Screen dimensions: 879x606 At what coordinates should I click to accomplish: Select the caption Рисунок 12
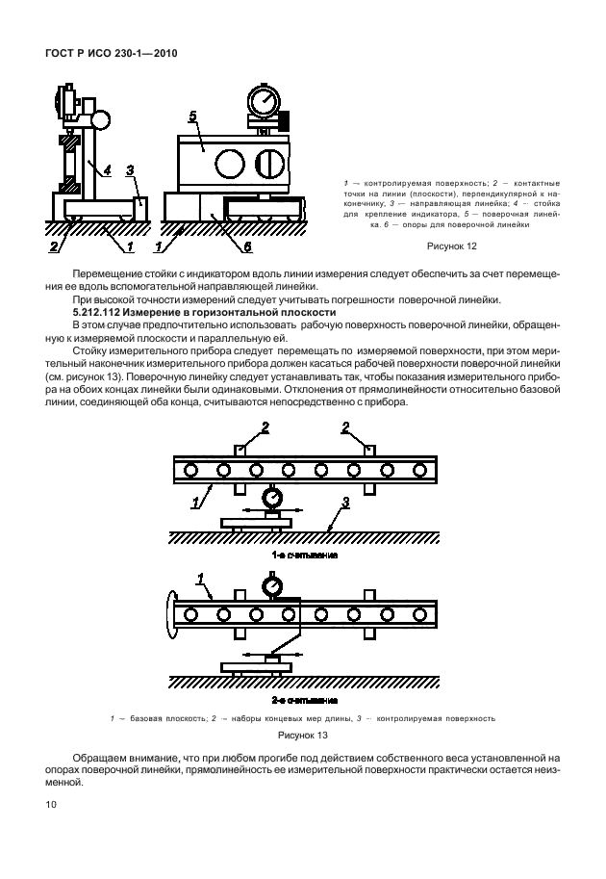451,246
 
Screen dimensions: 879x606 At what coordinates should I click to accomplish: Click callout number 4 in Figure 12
107,170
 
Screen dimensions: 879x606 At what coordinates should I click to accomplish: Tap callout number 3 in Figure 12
130,170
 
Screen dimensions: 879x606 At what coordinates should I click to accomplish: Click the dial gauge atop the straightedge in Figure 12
262,102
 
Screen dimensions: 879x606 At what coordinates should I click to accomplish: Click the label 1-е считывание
304,556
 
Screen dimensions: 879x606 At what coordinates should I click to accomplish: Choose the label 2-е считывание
304,700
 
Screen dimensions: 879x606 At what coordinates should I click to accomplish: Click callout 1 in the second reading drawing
201,580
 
